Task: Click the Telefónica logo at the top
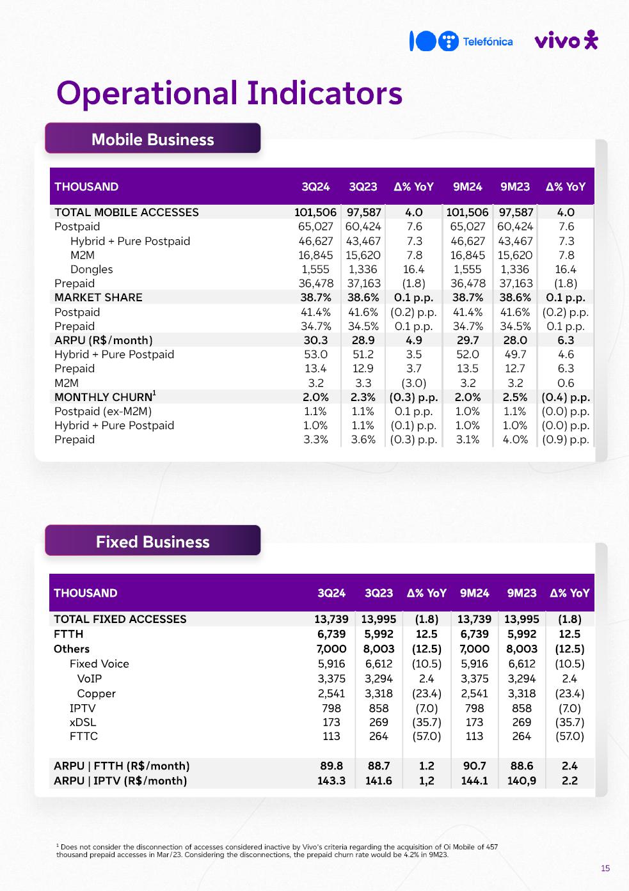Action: point(461,42)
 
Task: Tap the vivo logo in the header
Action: point(566,41)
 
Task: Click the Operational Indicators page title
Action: point(229,93)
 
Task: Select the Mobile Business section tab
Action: point(152,139)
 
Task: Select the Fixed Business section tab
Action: point(152,542)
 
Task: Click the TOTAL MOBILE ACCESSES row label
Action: point(127,212)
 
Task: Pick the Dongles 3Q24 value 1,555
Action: point(315,269)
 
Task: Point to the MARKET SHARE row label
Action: point(99,297)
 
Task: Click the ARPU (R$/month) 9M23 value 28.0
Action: point(515,340)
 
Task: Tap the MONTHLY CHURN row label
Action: point(104,397)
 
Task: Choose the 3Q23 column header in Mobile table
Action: point(363,187)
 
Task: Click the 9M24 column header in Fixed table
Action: point(474,593)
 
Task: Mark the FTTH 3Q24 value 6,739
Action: point(331,634)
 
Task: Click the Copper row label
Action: point(96,693)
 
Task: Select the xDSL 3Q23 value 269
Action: point(379,722)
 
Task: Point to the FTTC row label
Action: point(84,736)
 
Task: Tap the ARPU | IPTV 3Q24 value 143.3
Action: point(331,780)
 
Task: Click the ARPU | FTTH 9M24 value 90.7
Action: point(474,766)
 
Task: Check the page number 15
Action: point(605,868)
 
